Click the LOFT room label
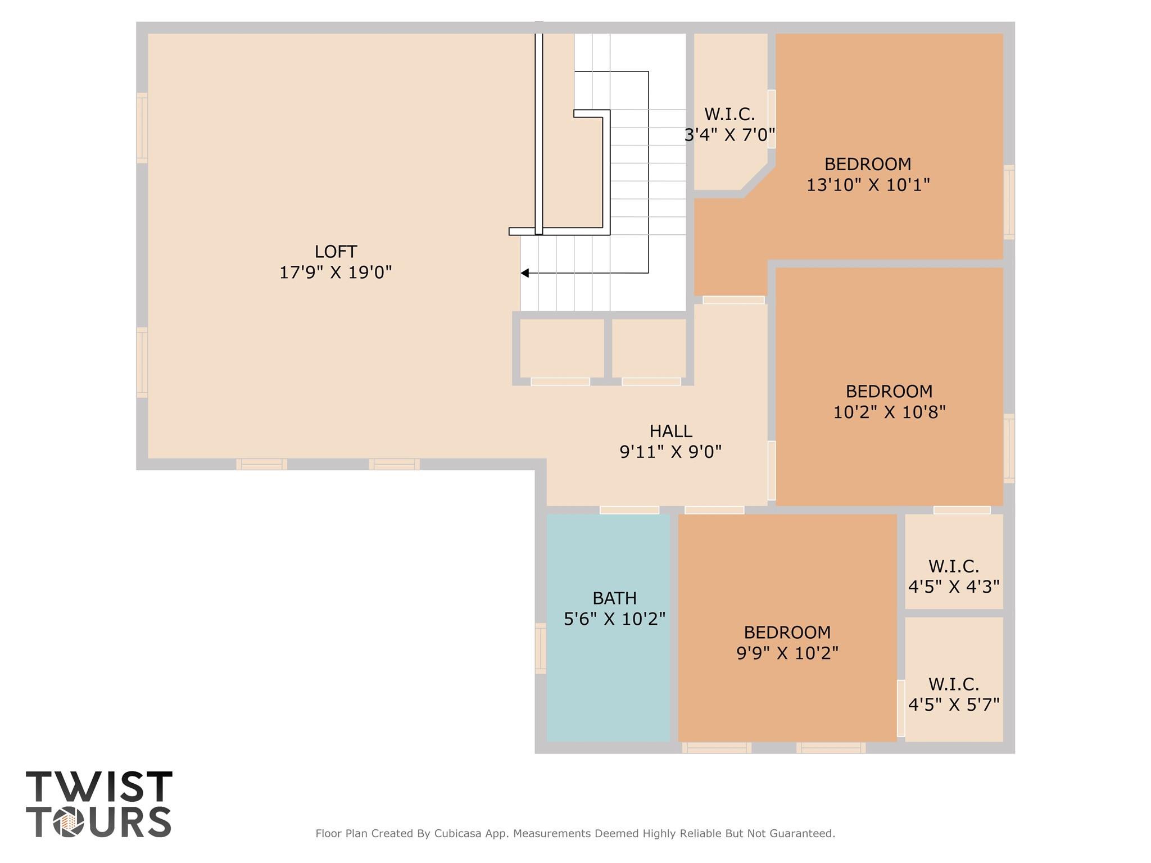tap(336, 251)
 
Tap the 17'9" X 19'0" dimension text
tap(336, 272)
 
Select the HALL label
tap(670, 431)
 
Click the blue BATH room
tap(608, 628)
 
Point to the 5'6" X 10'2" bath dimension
tap(614, 619)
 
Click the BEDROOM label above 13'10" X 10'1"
tap(868, 164)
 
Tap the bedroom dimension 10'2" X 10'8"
tap(889, 412)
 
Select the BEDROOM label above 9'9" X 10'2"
tap(787, 633)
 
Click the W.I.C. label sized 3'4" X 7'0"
tap(729, 114)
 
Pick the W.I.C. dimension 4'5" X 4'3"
tap(954, 587)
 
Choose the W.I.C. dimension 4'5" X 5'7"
tap(954, 705)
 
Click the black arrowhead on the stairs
tap(524, 273)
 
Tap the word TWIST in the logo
tap(99, 786)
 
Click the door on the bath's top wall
tap(629, 510)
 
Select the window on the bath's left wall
tap(541, 648)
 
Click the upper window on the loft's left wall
tap(142, 128)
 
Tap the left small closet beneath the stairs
tap(561, 348)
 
